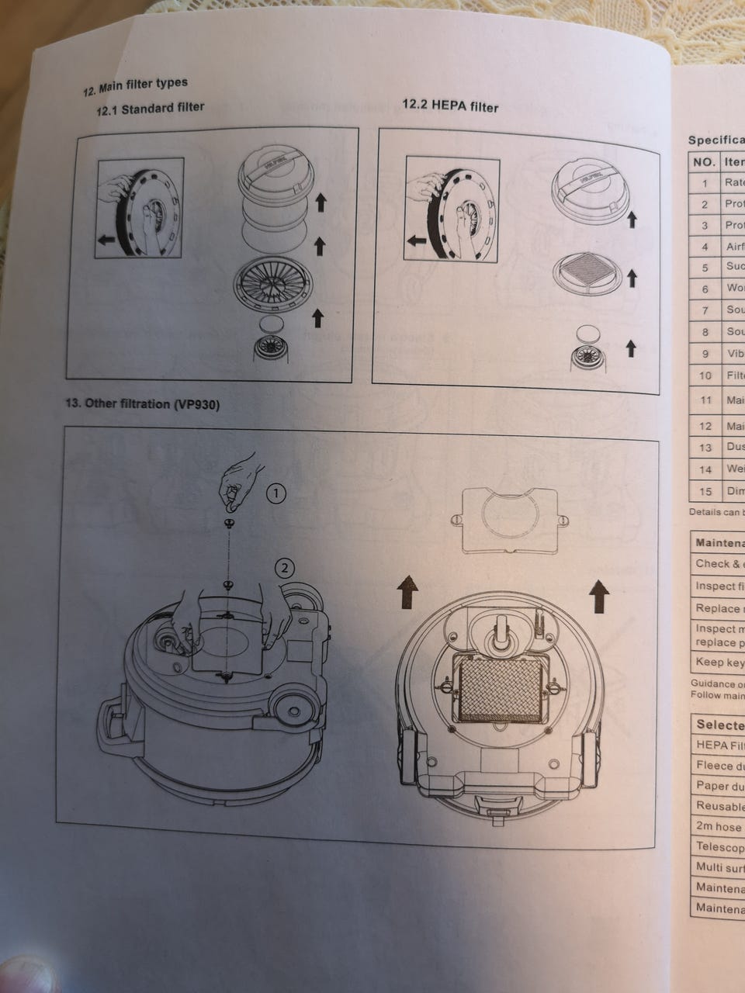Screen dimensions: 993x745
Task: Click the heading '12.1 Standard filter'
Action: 150,109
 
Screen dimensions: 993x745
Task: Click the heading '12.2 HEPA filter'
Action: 450,106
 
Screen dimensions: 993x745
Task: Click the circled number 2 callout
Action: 285,568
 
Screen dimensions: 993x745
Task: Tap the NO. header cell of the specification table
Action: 703,163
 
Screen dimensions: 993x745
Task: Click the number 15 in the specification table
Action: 705,491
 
